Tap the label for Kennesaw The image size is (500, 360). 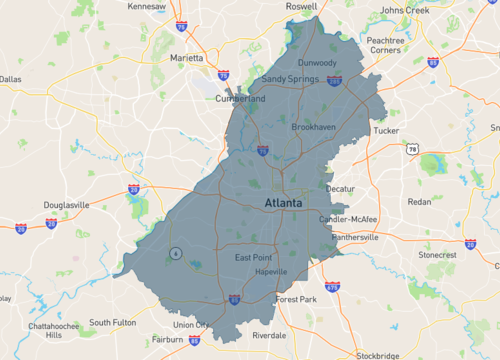pyautogui.click(x=147, y=6)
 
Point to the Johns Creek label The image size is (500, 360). pyautogui.click(x=403, y=11)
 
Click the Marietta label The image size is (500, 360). pyautogui.click(x=186, y=59)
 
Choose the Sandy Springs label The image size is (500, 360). pyautogui.click(x=290, y=78)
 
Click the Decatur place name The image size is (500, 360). pyautogui.click(x=340, y=188)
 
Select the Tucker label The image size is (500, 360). pyautogui.click(x=386, y=130)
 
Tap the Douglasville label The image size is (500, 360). pyautogui.click(x=66, y=205)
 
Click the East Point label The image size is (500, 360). pyautogui.click(x=253, y=258)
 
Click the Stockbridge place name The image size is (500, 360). pyautogui.click(x=378, y=355)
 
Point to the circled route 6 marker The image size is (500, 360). pyautogui.click(x=175, y=254)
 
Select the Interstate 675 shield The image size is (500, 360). pyautogui.click(x=332, y=286)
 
